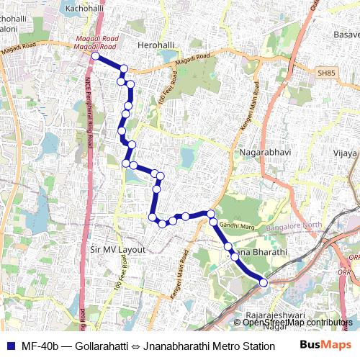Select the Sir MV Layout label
point(118,250)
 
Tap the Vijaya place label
point(345,153)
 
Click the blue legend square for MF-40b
point(9,345)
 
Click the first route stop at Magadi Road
point(95,55)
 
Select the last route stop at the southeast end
point(264,283)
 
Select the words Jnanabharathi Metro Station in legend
point(209,346)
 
